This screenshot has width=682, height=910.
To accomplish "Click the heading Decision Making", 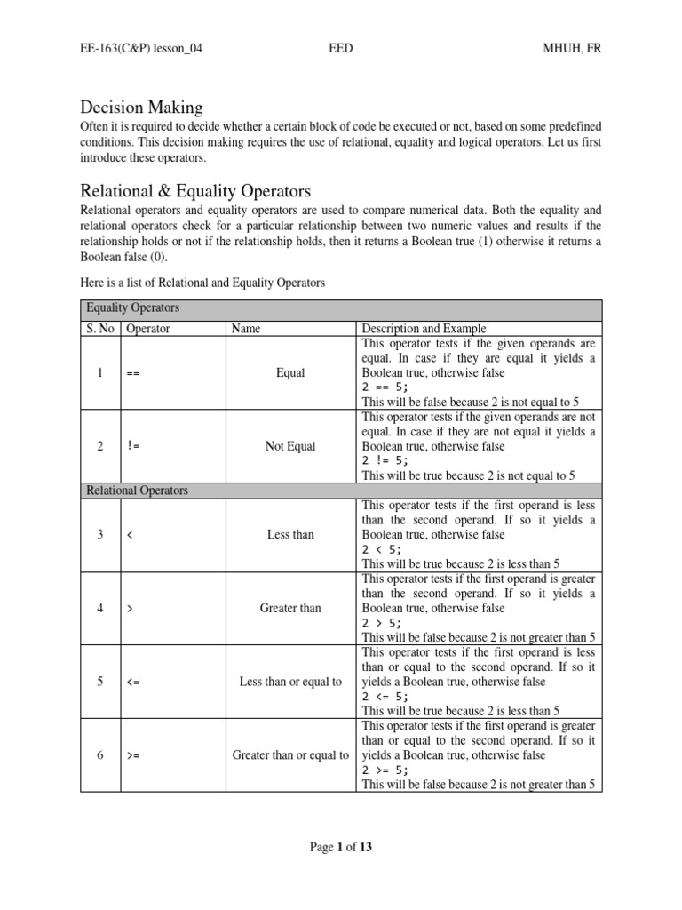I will click(141, 108).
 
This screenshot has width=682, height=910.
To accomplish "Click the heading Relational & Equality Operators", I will click(195, 190).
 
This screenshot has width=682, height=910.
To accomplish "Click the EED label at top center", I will click(340, 47).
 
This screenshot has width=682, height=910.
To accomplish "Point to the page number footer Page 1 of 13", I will click(340, 847).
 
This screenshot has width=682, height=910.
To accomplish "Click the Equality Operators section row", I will click(131, 308).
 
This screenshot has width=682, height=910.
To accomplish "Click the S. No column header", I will click(99, 328).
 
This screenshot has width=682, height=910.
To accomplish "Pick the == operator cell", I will click(133, 373).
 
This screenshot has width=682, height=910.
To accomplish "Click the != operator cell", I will click(133, 446).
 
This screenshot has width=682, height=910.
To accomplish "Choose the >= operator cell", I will click(133, 755).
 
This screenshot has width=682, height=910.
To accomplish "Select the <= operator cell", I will click(133, 682).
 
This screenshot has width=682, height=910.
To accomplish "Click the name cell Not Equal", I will click(290, 446).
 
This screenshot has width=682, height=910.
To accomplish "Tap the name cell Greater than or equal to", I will click(290, 755).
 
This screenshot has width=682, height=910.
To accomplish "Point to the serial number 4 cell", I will click(100, 608).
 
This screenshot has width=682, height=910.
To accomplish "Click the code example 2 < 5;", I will click(382, 549).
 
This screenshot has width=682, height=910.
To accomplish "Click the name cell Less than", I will click(290, 534).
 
